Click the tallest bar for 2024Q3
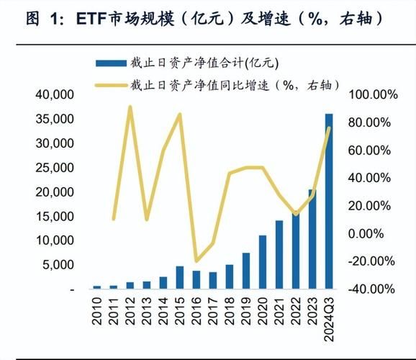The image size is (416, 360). [329, 202]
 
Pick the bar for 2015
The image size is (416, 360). [180, 277]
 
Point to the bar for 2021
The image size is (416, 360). [279, 254]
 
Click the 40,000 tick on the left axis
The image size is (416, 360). [53, 94]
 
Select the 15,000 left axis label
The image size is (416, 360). [53, 216]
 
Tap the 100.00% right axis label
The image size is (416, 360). [372, 95]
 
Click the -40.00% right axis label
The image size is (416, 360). [372, 289]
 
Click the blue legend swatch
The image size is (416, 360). [116, 63]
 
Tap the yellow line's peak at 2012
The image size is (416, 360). [130, 107]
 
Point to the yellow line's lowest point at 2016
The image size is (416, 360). [196, 261]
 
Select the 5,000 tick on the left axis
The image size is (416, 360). [58, 265]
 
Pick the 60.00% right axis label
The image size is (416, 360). [372, 150]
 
